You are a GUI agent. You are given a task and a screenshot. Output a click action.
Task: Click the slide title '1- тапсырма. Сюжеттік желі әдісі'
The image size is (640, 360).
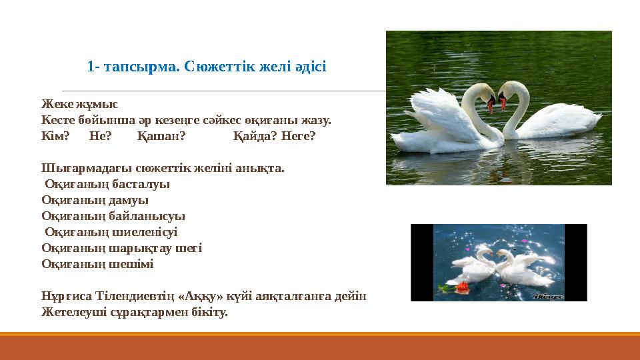click(x=206, y=67)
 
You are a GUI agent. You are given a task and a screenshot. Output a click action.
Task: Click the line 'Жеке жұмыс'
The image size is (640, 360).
click(x=79, y=104)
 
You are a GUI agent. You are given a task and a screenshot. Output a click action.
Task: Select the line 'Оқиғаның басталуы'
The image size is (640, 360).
click(x=107, y=184)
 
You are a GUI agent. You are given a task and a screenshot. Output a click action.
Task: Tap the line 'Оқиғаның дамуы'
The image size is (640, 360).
click(x=95, y=200)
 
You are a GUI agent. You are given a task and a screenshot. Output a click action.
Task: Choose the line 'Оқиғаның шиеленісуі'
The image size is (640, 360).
click(x=111, y=232)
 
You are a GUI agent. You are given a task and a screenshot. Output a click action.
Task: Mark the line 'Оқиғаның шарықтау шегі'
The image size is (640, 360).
click(x=121, y=248)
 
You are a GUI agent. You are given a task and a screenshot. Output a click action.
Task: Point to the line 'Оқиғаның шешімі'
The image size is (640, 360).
click(x=97, y=264)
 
